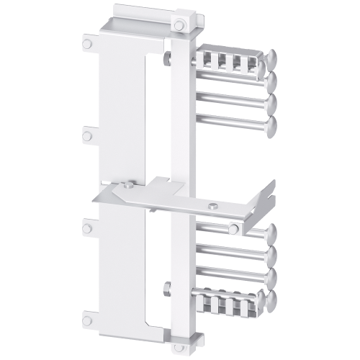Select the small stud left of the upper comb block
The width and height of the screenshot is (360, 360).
tap(168, 55)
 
